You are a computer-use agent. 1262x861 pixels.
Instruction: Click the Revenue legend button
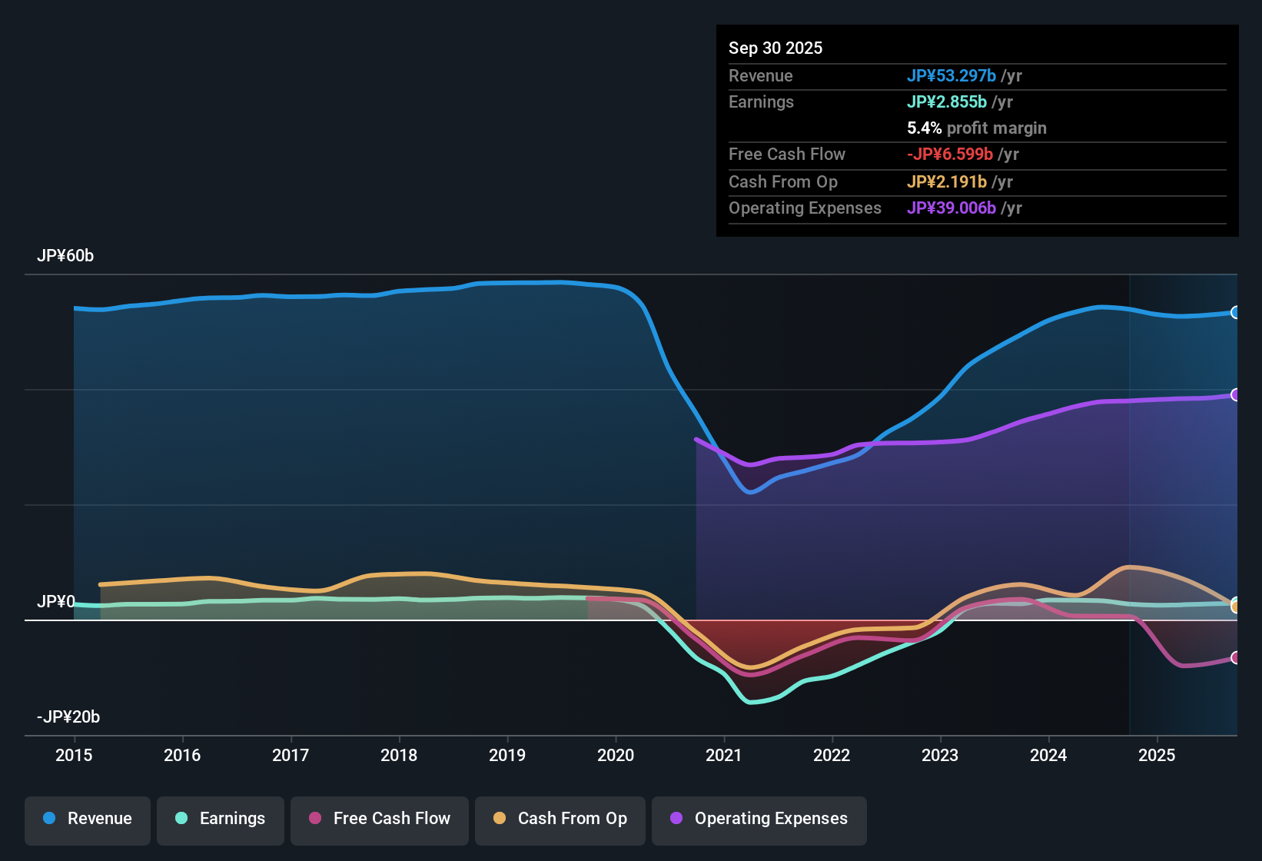point(88,819)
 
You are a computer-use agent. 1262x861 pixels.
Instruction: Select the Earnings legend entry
point(221,819)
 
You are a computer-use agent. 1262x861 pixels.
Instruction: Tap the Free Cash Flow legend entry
point(380,819)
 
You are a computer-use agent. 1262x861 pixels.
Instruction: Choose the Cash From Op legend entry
point(560,819)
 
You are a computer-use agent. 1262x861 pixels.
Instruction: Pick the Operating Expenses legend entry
point(759,819)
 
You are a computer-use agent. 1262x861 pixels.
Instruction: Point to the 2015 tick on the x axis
point(74,755)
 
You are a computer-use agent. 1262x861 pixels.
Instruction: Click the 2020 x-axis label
point(616,755)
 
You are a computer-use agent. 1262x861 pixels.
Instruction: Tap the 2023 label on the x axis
point(940,755)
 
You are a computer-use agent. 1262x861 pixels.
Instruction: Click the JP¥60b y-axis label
point(65,256)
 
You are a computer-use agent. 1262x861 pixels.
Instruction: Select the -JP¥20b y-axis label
point(68,717)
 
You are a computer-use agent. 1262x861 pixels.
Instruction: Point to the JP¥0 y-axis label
point(56,601)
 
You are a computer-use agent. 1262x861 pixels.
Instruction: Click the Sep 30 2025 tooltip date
point(775,48)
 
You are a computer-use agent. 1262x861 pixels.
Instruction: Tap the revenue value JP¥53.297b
point(951,75)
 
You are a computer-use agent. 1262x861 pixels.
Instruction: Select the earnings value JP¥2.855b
point(947,101)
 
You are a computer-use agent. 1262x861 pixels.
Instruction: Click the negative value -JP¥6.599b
point(950,154)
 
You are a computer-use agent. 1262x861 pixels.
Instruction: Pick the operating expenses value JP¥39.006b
point(951,208)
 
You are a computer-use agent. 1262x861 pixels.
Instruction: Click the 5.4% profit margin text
point(977,128)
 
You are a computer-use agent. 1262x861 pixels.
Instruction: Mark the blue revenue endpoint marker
point(1235,312)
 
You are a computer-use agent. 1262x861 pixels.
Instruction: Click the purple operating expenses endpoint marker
point(1235,394)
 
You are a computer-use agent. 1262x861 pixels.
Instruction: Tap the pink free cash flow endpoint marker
point(1235,657)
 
